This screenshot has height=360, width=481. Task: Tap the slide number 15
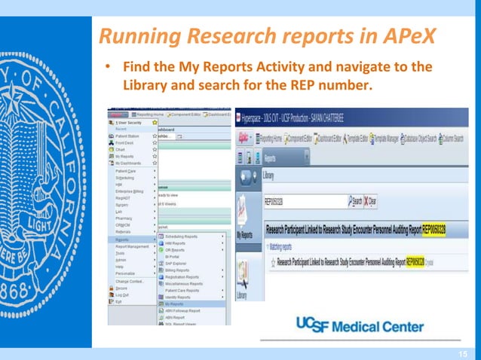pos(464,353)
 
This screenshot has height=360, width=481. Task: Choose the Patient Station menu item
pos(129,136)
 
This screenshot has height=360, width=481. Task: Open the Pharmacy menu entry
pos(125,218)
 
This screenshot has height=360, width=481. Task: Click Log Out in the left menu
pos(122,294)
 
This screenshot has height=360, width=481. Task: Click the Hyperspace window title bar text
pos(317,119)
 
